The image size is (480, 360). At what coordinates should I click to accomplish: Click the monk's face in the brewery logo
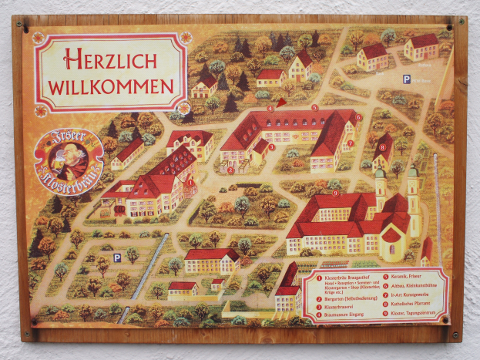[64, 155]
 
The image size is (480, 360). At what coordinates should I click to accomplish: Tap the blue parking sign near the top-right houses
[406, 79]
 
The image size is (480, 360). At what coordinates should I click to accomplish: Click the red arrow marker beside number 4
[281, 101]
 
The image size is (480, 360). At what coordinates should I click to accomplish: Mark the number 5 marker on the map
[314, 107]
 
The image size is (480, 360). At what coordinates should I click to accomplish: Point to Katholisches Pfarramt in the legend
[420, 304]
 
